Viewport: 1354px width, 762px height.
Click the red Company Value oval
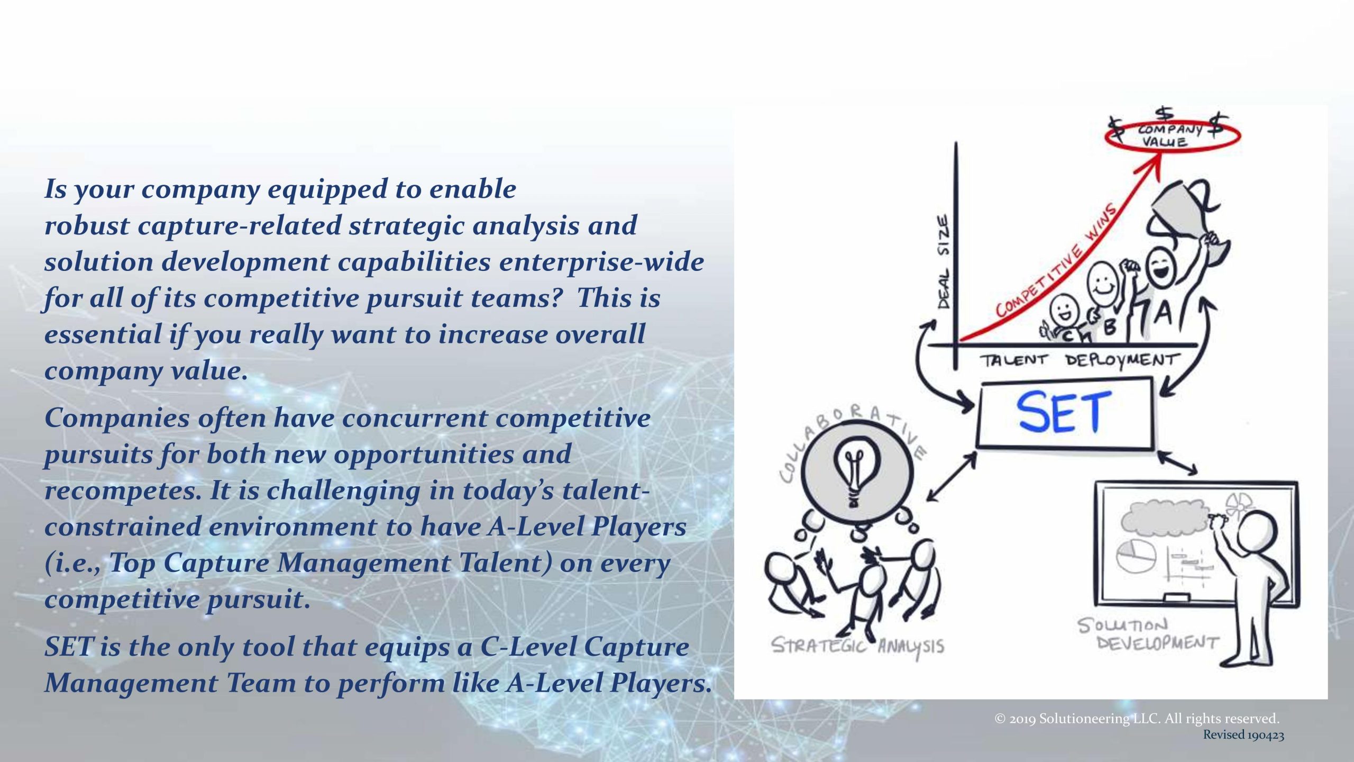(1172, 135)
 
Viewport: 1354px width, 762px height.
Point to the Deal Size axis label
(944, 261)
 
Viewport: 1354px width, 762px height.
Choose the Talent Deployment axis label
(1079, 360)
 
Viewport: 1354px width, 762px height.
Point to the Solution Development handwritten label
(1148, 634)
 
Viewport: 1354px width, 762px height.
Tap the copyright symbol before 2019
(1000, 719)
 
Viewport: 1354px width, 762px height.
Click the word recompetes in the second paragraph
(123, 491)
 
